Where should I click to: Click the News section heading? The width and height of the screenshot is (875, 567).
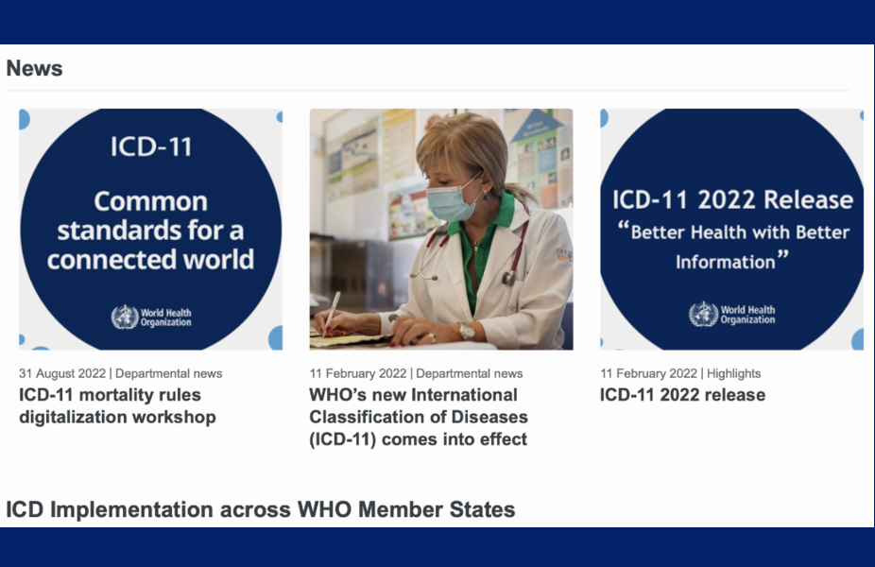(x=34, y=68)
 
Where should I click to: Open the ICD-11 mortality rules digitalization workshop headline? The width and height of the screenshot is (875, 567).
(x=117, y=405)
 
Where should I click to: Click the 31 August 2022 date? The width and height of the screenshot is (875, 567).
(x=62, y=373)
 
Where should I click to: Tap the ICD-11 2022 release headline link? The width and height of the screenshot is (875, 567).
(x=682, y=395)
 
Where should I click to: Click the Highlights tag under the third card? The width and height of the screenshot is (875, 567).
(x=733, y=373)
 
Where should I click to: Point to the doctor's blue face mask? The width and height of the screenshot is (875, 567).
(x=452, y=199)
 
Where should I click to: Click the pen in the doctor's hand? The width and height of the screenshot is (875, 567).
(x=332, y=313)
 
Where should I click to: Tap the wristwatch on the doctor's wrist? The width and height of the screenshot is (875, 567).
(x=467, y=331)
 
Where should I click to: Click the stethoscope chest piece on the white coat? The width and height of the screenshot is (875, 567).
(x=508, y=278)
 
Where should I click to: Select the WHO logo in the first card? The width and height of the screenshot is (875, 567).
(x=151, y=317)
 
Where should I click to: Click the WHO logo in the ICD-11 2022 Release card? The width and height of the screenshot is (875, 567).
(x=731, y=314)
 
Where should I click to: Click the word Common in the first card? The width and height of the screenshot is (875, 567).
(x=150, y=201)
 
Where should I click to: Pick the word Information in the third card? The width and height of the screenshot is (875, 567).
(x=725, y=262)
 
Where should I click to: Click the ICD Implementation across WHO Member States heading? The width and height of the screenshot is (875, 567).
(x=261, y=509)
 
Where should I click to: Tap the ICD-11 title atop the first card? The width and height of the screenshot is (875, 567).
(x=151, y=146)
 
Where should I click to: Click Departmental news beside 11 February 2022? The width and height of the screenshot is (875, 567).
(x=470, y=373)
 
